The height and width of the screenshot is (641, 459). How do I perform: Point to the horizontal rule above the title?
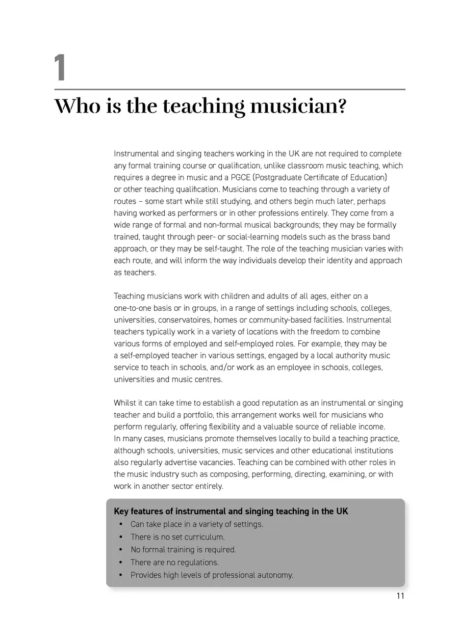[229, 90]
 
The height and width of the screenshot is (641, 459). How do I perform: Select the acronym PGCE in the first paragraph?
[236, 177]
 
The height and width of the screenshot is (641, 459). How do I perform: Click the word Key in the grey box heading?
[121, 511]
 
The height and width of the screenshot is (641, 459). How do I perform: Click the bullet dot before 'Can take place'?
[120, 524]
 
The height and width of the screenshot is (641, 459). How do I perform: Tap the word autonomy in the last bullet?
[275, 575]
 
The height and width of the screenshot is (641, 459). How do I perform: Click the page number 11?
[399, 596]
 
